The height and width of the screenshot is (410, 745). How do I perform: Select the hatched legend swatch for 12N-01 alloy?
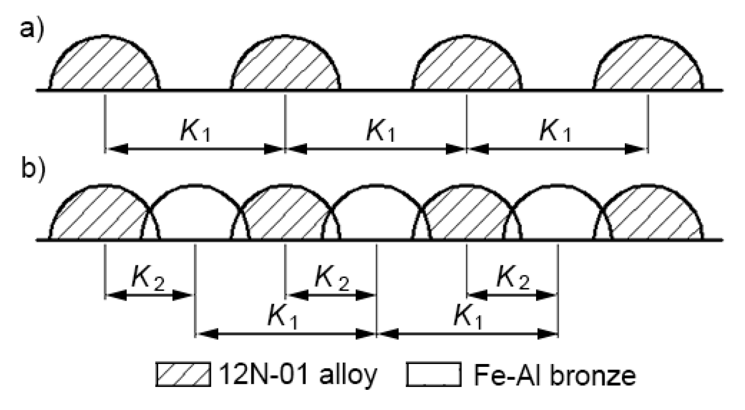tap(183, 374)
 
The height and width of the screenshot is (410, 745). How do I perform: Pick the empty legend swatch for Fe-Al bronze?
tap(434, 374)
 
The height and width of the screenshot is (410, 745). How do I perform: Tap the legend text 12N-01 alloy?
tap(298, 374)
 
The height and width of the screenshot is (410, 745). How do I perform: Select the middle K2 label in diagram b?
tap(331, 278)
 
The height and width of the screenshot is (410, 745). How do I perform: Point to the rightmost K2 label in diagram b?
tap(513, 278)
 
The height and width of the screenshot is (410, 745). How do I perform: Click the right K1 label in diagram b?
tap(468, 317)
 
